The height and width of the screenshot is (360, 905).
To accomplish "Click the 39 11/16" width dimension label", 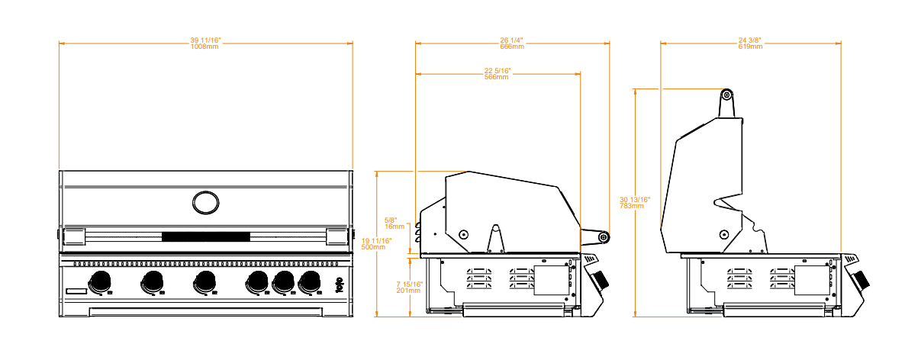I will tap(205, 43).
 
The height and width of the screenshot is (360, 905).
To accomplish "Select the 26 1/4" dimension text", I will tap(512, 43).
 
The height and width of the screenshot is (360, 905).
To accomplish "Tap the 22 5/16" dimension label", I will tap(498, 73).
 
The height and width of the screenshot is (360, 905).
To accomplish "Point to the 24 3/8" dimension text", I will tap(750, 43).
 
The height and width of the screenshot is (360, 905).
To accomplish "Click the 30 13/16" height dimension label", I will tap(635, 202).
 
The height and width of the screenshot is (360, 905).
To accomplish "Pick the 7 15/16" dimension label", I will tap(408, 287).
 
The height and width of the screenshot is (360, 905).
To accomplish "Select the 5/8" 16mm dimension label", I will tap(394, 223).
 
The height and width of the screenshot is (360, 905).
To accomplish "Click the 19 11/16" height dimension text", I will tap(377, 244).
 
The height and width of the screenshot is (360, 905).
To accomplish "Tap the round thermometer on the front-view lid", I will tap(205, 202).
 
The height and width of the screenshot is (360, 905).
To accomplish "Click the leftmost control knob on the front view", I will tap(99, 281).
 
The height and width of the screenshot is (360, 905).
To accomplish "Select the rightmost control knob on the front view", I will tap(310, 281).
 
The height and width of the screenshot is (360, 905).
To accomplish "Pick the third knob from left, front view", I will tap(205, 281).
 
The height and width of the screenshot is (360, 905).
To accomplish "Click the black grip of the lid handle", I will tap(205, 236).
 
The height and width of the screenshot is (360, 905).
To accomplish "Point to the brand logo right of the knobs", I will tap(340, 285).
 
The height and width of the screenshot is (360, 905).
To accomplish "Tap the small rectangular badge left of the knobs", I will tap(76, 291).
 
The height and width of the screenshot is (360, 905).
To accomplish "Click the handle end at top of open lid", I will tap(726, 95).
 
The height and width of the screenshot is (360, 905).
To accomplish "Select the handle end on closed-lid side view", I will tap(604, 237).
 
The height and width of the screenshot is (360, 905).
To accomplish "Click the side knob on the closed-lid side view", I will tap(600, 279).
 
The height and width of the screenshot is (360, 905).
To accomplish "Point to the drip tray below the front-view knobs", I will tap(205, 311).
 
